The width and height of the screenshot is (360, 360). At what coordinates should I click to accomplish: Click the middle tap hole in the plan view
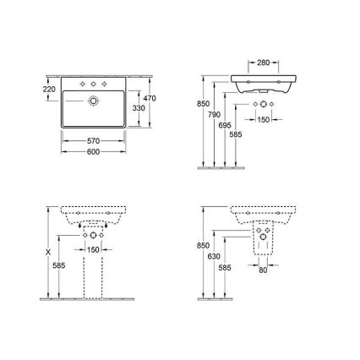(x=94, y=85)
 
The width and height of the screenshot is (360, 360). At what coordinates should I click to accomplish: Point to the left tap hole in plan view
(x=81, y=85)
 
